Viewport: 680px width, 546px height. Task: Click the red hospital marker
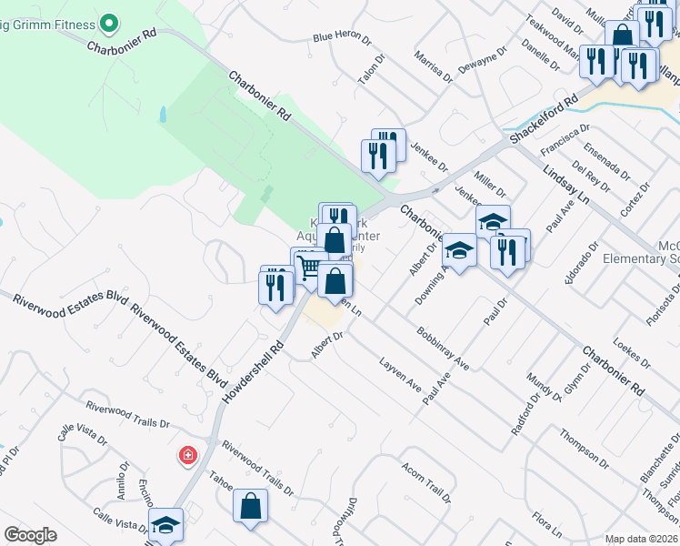188,454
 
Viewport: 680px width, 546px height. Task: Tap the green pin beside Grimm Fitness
109,20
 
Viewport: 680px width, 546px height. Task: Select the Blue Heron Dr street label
342,39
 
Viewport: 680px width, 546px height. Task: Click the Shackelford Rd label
544,118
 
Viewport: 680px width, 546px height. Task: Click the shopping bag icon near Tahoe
251,506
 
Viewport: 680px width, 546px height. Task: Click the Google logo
30,535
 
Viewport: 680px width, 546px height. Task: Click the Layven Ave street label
400,380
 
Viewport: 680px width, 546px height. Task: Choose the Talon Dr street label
366,73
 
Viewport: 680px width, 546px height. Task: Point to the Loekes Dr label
627,352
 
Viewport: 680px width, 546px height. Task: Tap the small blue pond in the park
163,115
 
